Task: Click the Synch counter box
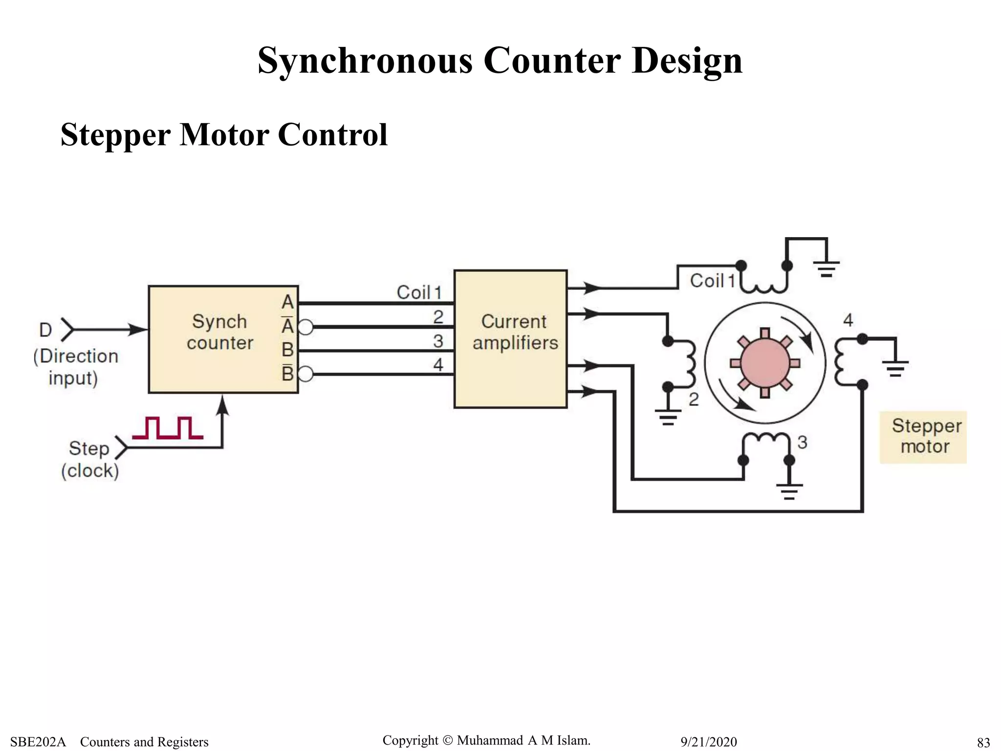(222, 339)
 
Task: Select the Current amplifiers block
(510, 339)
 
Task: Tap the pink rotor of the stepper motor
(765, 362)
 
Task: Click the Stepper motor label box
(923, 437)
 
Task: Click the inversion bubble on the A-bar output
(305, 327)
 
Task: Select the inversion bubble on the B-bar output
(305, 375)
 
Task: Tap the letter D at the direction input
(45, 330)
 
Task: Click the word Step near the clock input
(89, 448)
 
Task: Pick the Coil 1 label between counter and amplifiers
(419, 292)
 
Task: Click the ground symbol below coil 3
(789, 491)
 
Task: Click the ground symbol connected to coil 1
(826, 268)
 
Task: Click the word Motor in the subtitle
(224, 134)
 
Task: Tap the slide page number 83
(983, 742)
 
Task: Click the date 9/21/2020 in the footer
(708, 742)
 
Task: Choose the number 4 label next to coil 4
(848, 320)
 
